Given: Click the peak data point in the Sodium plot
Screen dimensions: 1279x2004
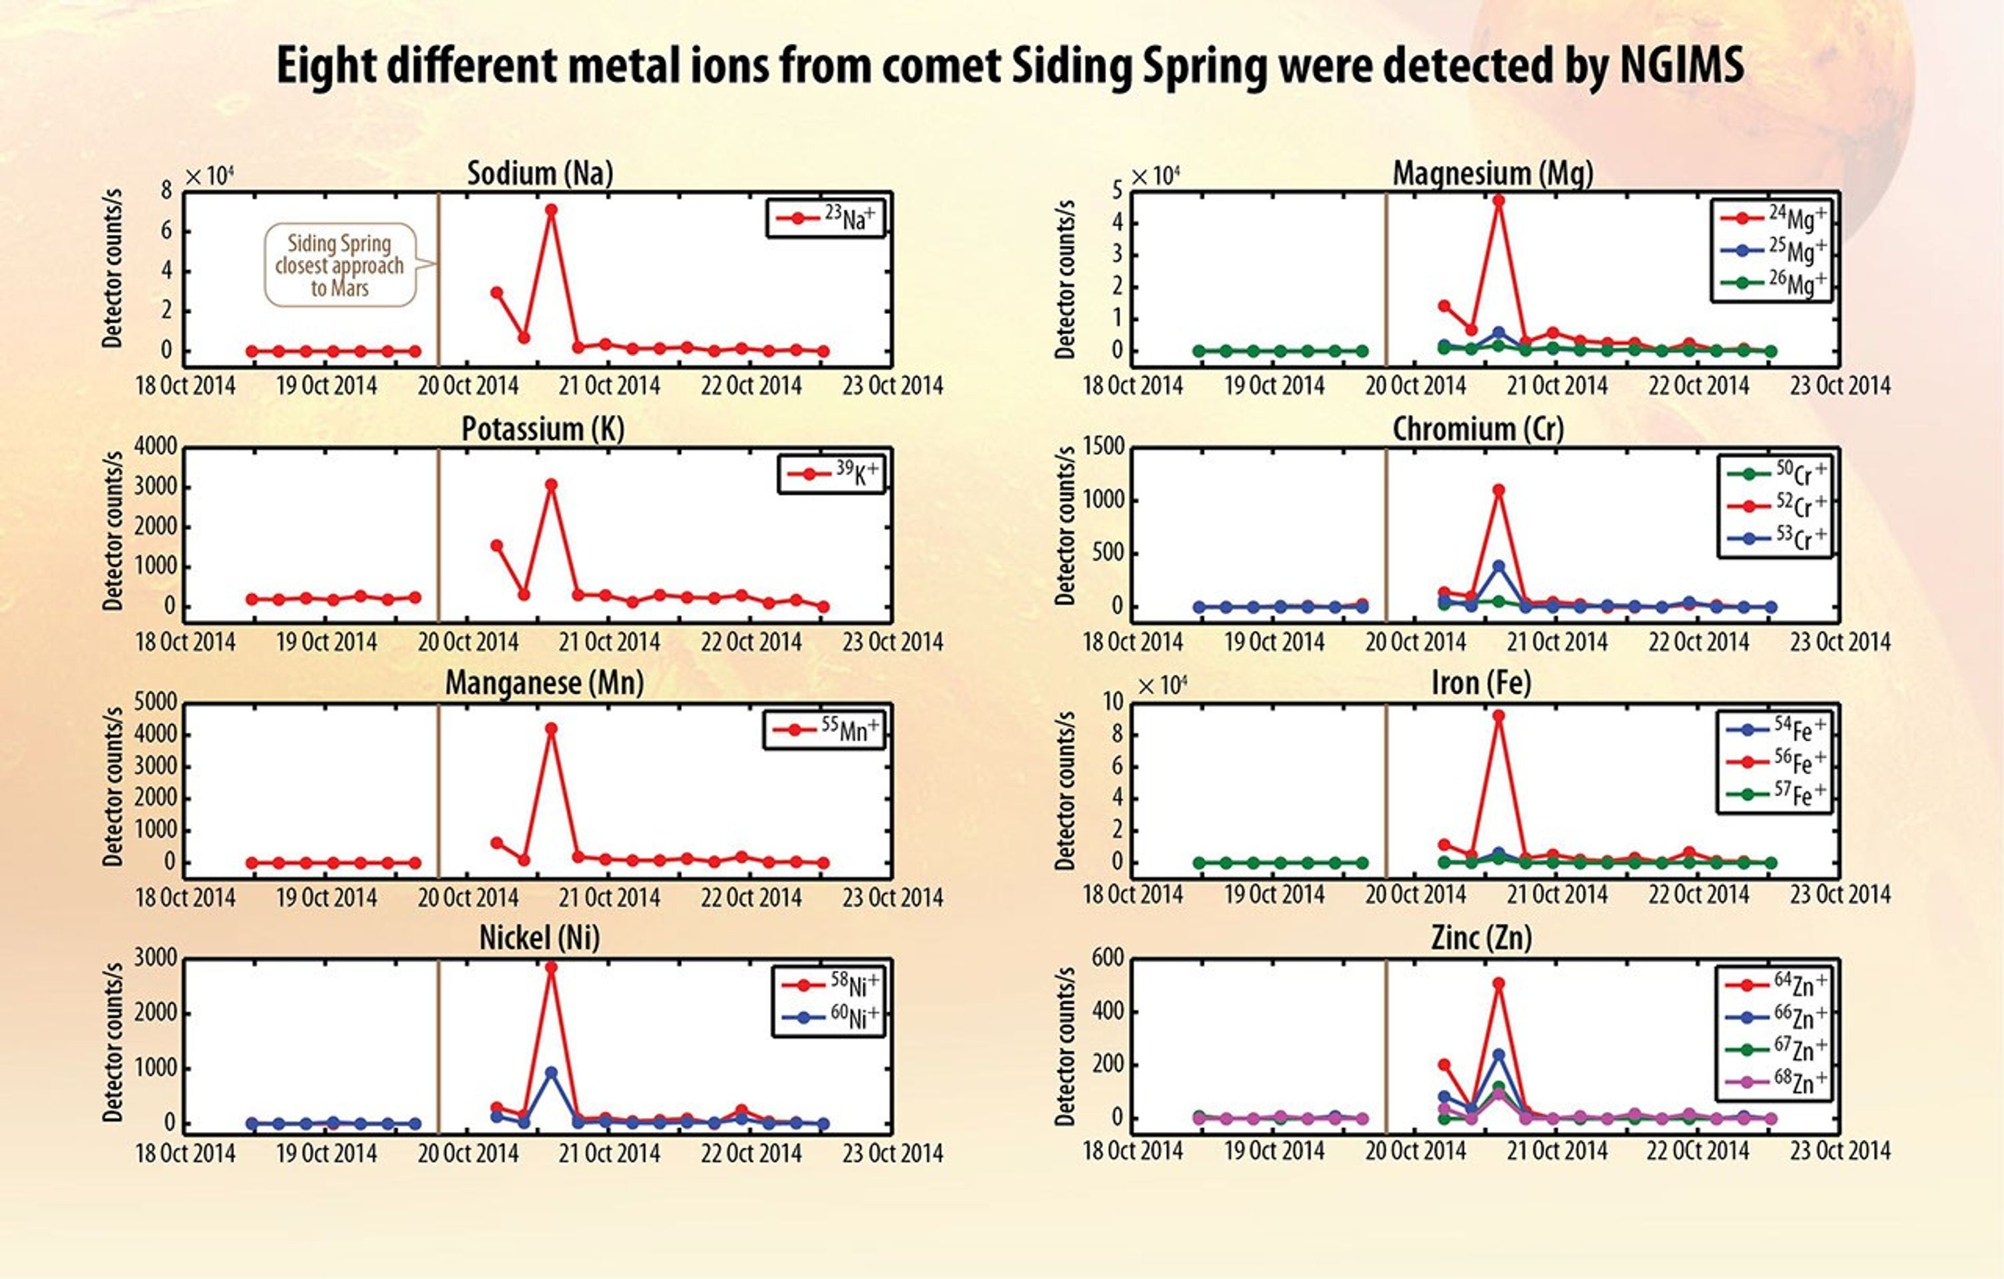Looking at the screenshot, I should [x=551, y=210].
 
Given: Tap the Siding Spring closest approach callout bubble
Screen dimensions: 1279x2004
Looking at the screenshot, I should [x=339, y=265].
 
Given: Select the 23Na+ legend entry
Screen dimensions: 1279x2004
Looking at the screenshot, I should [x=825, y=218].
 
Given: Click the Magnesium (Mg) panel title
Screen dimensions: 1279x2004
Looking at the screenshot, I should [x=1493, y=173].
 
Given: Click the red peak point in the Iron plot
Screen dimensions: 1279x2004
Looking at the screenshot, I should [x=1498, y=716].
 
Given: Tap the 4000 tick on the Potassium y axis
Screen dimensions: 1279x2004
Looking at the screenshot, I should [x=156, y=447].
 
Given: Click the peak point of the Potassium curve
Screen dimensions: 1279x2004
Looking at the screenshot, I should [x=551, y=484].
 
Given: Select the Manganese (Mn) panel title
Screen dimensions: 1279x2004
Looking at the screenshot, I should [x=544, y=683].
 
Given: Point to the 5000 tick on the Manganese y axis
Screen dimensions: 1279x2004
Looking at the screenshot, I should [x=156, y=703].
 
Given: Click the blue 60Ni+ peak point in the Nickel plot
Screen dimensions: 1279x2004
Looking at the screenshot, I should [x=551, y=1073].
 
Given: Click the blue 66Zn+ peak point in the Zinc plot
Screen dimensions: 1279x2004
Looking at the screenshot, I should [x=1498, y=1055].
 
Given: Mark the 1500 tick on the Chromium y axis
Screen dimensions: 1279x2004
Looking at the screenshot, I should [x=1104, y=447].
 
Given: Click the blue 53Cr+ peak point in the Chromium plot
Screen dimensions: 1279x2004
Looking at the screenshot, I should [x=1498, y=566].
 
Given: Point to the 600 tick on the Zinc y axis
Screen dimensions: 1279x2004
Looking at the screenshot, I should [x=1108, y=958].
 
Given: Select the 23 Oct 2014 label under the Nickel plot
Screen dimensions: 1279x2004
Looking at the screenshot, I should [x=892, y=1153].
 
